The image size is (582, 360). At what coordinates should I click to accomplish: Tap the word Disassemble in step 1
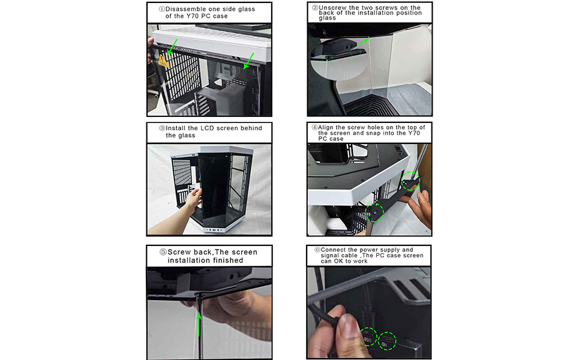pyautogui.click(x=186, y=10)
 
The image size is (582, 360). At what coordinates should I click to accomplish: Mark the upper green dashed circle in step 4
pyautogui.click(x=410, y=180)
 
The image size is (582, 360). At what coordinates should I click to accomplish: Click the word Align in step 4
pyautogui.click(x=329, y=128)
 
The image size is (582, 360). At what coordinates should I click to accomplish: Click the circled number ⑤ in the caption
pyautogui.click(x=163, y=252)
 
